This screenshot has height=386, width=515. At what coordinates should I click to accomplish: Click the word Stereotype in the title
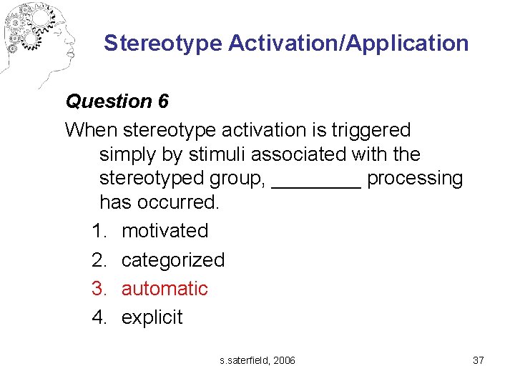(163, 44)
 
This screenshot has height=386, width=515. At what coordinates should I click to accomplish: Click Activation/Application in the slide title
(349, 44)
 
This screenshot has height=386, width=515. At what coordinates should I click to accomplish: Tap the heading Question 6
(117, 102)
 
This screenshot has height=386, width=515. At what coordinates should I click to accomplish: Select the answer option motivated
(165, 231)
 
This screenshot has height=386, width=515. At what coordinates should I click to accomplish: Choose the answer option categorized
(173, 259)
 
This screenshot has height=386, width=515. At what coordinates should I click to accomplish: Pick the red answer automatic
(165, 289)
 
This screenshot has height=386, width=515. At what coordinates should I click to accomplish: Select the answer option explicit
(152, 317)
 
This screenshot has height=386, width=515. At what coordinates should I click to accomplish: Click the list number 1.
(99, 231)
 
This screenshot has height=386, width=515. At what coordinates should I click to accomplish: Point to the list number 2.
(99, 259)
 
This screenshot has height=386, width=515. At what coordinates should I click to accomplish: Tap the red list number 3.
(99, 289)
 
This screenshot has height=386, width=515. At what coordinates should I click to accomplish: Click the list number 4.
(99, 317)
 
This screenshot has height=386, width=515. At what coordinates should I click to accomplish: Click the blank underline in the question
(317, 182)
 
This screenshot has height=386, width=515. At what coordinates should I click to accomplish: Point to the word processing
(415, 179)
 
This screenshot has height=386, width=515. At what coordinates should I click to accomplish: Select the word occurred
(185, 202)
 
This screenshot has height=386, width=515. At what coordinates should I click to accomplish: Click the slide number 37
(479, 360)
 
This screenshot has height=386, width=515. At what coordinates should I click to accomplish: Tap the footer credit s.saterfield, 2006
(257, 360)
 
